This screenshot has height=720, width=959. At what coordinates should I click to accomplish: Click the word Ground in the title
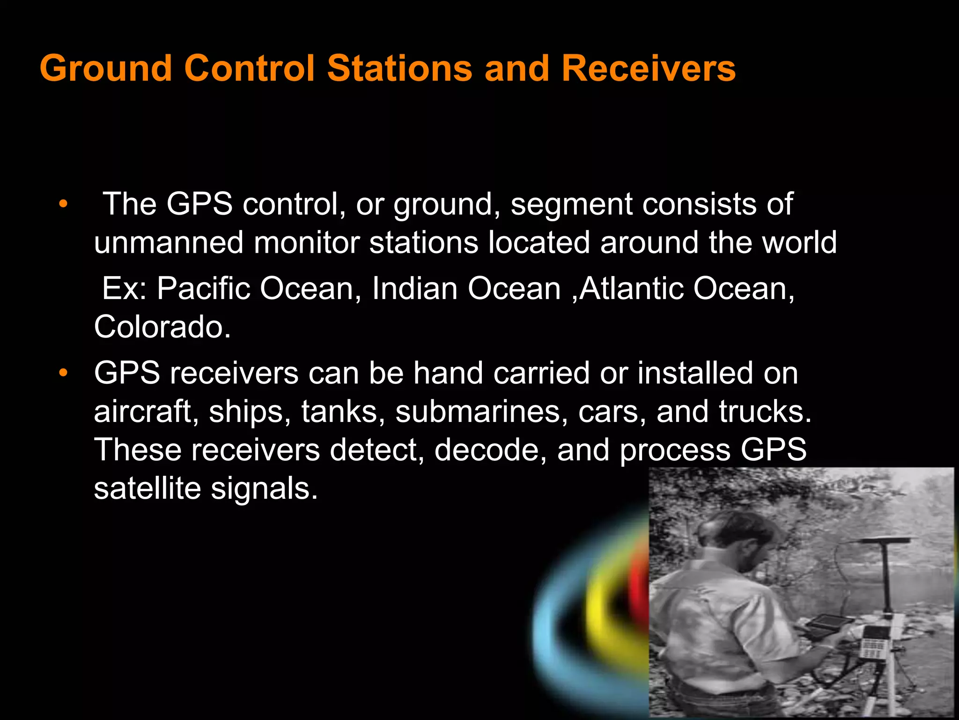click(106, 68)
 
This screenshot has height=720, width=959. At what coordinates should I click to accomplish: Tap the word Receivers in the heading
click(649, 68)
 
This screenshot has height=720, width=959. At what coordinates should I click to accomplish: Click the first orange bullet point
click(63, 204)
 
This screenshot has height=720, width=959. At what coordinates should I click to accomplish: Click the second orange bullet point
click(63, 374)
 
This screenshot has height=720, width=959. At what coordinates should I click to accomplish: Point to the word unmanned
click(169, 243)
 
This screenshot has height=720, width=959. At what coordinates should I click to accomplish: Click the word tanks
click(339, 412)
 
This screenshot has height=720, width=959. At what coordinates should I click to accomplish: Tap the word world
click(799, 243)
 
